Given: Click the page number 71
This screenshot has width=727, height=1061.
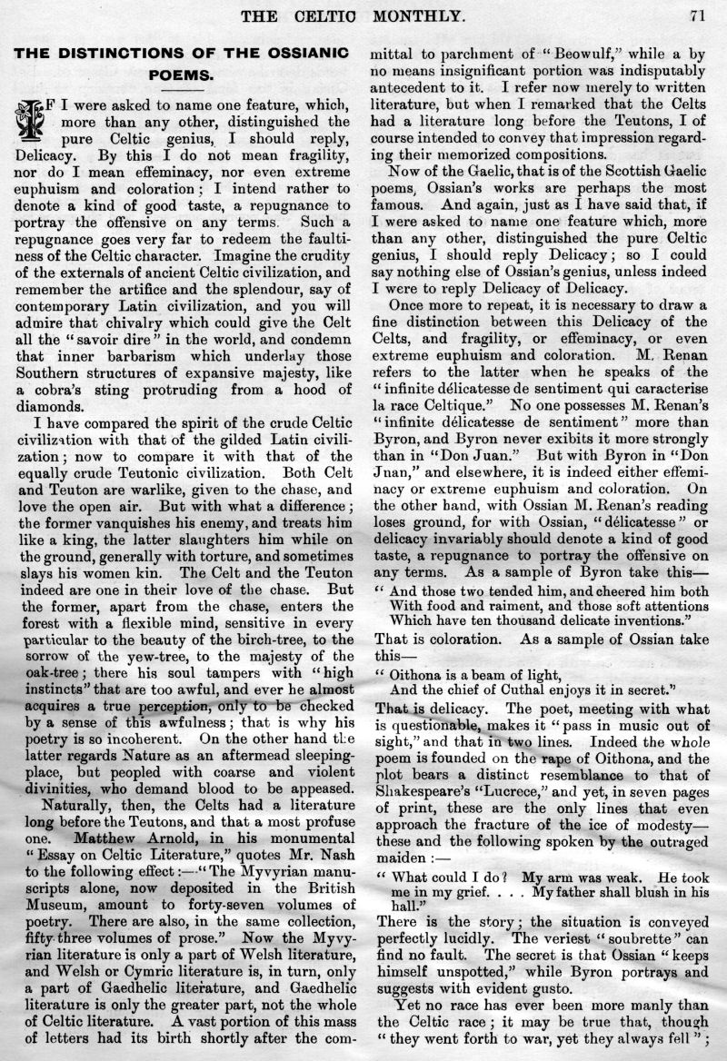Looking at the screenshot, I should tap(698, 15).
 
